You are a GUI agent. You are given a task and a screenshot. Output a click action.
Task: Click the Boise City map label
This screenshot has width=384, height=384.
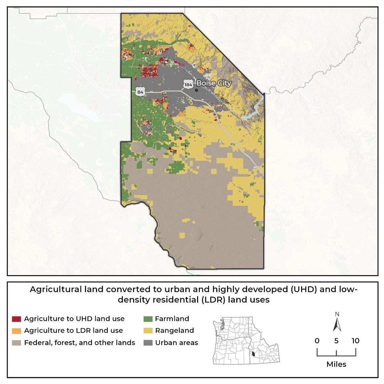tap(213, 83)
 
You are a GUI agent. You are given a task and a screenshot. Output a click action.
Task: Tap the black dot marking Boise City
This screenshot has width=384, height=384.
tap(196, 90)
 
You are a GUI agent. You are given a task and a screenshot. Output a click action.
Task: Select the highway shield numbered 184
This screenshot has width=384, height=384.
tap(188, 85)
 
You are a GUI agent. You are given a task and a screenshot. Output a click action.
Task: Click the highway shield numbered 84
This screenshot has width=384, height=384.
tap(140, 92)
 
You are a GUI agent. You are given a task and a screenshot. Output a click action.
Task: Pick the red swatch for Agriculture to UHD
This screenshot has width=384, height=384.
tap(16, 319)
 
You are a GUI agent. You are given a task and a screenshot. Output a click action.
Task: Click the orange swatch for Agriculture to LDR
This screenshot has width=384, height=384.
tap(16, 331)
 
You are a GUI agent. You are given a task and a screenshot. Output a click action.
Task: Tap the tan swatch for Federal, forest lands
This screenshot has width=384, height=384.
tap(16, 343)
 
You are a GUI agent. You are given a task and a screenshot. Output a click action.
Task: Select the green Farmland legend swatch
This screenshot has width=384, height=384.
tap(148, 319)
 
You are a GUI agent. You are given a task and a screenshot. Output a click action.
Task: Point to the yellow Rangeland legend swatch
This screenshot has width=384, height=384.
tap(148, 331)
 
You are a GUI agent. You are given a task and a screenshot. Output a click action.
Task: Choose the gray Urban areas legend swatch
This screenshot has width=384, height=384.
tap(148, 343)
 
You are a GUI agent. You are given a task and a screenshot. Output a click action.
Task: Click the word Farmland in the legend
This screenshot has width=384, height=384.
tap(172, 319)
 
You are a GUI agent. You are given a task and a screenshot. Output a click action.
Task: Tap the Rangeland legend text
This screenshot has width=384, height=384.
tap(174, 331)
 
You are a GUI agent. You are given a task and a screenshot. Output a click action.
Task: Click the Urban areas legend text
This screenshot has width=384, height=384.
tap(177, 343)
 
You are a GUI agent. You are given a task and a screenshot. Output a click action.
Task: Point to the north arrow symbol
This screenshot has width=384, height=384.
tap(337, 324)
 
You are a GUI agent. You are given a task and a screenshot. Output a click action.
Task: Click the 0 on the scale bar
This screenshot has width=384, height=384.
tap(317, 341)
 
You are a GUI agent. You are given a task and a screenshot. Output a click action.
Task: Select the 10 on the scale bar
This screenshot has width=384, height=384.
tap(356, 341)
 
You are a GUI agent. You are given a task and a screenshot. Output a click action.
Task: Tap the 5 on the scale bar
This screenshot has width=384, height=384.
tap(336, 341)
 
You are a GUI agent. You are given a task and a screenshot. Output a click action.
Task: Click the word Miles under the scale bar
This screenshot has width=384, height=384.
tap(336, 364)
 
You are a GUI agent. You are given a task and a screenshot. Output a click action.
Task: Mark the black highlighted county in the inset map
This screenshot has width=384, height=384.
tap(253, 354)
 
